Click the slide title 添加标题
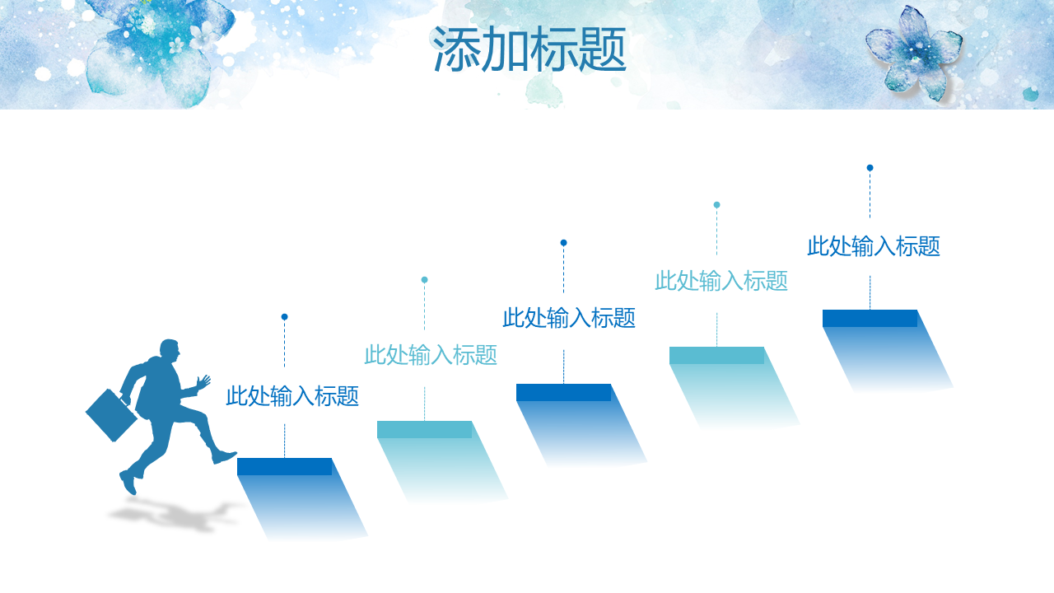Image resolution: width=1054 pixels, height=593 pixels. tap(529, 49)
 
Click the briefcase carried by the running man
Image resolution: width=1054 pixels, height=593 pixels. tap(111, 415)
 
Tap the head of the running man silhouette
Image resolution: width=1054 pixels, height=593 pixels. tap(170, 351)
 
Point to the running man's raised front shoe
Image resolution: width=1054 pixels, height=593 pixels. tap(224, 456)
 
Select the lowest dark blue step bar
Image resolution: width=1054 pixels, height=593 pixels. tap(285, 466)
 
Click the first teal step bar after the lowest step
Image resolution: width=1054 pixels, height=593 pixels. tap(424, 429)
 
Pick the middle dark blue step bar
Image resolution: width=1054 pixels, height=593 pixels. tap(564, 393)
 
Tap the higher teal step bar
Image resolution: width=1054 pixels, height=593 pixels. tap(716, 355)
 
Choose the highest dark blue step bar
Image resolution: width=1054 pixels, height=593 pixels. tap(870, 318)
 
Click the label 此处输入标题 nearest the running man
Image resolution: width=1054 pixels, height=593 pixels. tap(292, 396)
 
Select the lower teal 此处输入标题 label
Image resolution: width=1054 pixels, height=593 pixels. tap(431, 355)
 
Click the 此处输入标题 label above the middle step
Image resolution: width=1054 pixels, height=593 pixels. tap(569, 318)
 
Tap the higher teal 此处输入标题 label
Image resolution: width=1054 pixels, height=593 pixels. tap(721, 281)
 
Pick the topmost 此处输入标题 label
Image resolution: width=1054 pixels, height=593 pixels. tap(874, 246)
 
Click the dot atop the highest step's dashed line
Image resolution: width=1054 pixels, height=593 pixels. tap(870, 167)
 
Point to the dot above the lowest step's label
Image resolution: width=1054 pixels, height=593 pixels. tap(284, 317)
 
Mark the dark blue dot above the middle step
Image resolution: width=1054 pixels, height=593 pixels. tap(564, 243)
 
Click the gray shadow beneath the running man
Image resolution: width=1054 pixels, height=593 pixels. tap(174, 516)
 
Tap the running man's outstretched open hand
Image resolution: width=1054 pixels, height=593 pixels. tap(203, 381)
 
